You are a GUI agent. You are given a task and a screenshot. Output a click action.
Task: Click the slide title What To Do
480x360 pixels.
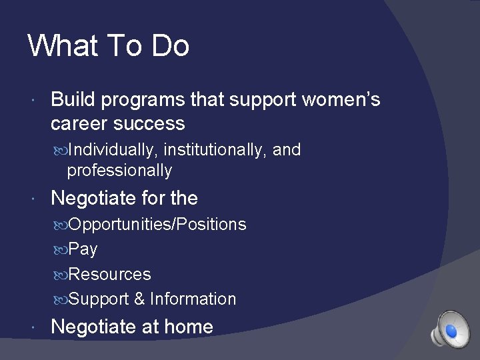pos(109,46)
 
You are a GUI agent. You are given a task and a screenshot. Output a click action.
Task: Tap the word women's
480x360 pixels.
pos(341,100)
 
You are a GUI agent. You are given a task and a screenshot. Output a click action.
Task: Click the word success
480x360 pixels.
pos(149,124)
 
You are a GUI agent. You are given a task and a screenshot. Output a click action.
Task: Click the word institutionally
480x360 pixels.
pos(215,150)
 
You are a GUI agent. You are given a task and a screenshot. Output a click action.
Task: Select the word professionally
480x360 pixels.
pos(119,171)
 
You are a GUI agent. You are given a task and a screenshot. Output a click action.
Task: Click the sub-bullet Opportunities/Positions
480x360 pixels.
pos(157,225)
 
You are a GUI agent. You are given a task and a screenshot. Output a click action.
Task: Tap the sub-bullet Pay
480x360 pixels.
pos(83,249)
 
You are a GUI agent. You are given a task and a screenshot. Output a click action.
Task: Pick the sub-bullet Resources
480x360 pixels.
pos(110,274)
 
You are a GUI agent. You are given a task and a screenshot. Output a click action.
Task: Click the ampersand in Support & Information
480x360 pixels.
pos(139,299)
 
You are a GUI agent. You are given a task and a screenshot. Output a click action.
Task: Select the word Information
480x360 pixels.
pos(193,299)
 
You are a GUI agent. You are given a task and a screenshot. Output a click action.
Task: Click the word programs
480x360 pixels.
pos(142,101)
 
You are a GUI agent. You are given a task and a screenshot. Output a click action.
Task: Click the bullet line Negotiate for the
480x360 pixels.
pos(124,198)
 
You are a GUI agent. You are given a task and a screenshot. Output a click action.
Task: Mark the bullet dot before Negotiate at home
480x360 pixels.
pos(33,327)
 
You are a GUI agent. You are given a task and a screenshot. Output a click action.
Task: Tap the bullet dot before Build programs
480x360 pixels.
pos(33,101)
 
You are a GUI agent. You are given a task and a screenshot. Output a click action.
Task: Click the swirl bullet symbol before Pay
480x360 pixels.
pos(61,250)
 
